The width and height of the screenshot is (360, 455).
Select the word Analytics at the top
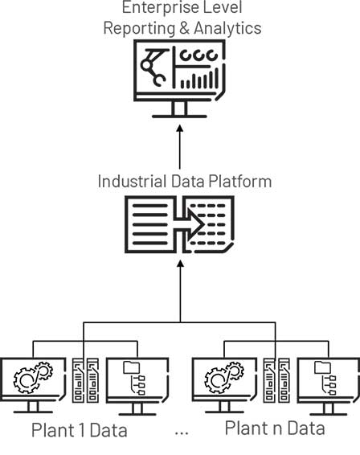pos(227,28)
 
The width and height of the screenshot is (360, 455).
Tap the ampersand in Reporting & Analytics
pos(185,28)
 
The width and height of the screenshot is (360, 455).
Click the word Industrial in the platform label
pos(133,182)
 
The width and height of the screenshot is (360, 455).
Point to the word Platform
pos(240,182)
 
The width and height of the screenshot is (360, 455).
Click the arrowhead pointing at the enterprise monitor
pos(180,129)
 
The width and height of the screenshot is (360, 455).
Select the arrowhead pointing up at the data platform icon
pos(181,264)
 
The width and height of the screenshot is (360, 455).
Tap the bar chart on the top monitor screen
pos(199,78)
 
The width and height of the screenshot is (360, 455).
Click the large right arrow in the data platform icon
pos(190,224)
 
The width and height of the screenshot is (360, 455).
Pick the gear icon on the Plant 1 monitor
pos(34,377)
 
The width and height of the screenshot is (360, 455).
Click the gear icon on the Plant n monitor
pos(224,377)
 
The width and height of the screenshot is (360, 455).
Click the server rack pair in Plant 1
pos(85,380)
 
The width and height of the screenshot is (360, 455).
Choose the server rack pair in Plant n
pos(276,380)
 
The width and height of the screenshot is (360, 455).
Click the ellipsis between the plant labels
pos(182,433)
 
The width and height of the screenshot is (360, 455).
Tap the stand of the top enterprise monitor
pos(179,110)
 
